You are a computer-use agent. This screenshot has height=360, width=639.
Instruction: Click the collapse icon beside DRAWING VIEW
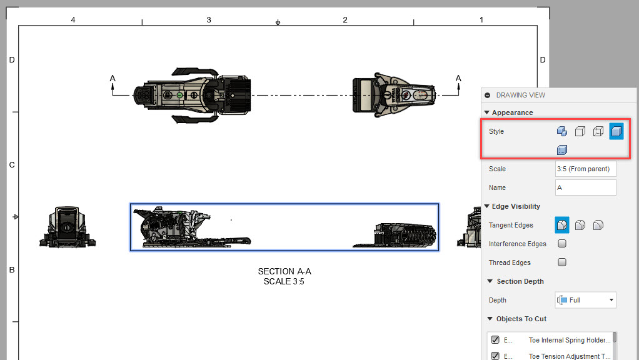click(488, 95)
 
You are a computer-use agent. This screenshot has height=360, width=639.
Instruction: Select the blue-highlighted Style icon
click(616, 131)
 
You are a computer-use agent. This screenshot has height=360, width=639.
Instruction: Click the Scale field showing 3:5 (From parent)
click(585, 169)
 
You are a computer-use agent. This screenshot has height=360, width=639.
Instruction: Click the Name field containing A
click(585, 187)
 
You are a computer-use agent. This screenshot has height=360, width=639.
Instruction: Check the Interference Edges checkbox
click(562, 244)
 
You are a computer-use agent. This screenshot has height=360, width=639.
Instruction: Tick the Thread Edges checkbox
click(562, 262)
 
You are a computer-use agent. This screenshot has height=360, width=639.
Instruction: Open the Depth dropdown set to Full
click(585, 300)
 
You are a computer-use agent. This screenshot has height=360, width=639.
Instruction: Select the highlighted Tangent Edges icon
click(562, 225)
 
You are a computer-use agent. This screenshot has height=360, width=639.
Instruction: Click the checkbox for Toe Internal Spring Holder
click(495, 340)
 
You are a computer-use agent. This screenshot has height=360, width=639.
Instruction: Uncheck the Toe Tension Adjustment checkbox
click(495, 356)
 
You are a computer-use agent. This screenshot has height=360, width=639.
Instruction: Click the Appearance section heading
click(512, 112)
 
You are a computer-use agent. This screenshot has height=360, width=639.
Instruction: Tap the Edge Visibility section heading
click(516, 206)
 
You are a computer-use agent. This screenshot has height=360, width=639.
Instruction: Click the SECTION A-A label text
click(284, 272)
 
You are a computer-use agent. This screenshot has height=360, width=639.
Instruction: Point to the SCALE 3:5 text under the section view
click(284, 281)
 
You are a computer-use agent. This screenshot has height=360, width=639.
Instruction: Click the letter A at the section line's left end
click(113, 78)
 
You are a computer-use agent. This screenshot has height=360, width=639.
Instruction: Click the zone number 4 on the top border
click(73, 20)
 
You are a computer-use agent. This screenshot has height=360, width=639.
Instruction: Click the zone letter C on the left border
click(11, 165)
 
